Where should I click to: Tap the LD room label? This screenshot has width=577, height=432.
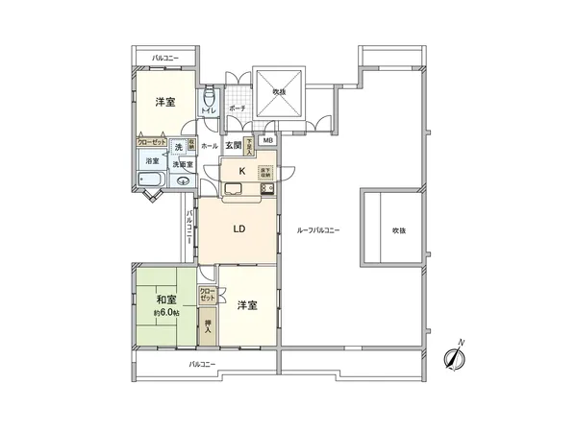coord(239,229)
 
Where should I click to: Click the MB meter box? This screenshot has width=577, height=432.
coord(267,140)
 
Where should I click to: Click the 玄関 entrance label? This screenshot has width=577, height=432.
coord(233,146)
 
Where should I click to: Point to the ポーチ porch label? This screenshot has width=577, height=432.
coord(238,108)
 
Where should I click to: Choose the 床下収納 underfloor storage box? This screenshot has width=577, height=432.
coord(266,173)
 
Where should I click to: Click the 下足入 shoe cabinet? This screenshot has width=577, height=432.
coord(249,145)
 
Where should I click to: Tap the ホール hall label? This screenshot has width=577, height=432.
coord(210,146)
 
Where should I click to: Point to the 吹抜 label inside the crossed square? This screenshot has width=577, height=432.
coord(279,92)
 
